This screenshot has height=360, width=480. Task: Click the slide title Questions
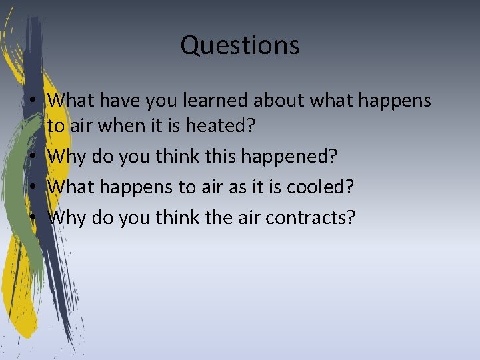coord(239,45)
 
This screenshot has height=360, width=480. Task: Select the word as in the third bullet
coord(237,188)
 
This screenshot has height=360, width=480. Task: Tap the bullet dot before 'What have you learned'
coord(41,101)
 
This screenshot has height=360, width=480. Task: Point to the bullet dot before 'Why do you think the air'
coord(41,217)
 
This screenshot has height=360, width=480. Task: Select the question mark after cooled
coord(349,187)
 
